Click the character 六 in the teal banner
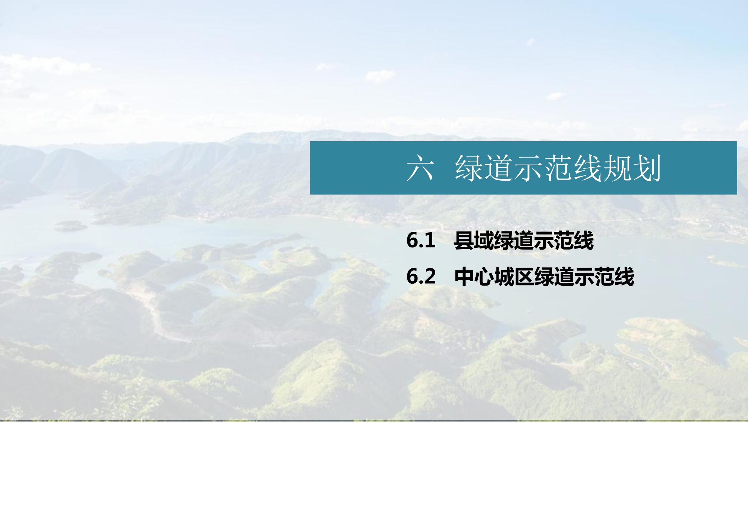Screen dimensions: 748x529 420,168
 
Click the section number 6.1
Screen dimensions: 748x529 421,241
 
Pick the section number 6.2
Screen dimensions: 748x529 421,277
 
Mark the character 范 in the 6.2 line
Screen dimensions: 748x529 604,277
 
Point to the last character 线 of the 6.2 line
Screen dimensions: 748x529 624,277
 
